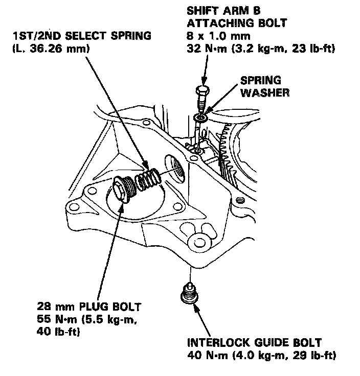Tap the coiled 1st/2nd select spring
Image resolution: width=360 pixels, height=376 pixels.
point(146,181)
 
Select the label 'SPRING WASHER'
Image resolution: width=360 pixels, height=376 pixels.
point(262,87)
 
